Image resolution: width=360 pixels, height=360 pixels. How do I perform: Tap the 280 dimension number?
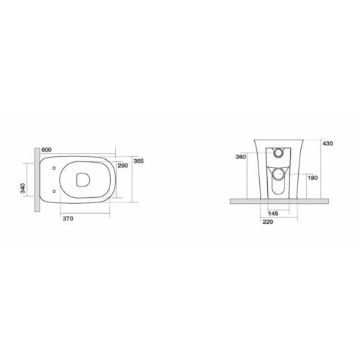pos(122,166)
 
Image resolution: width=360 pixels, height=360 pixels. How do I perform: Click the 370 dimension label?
pos(69,217)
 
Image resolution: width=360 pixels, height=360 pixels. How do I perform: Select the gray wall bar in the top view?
pos(36,181)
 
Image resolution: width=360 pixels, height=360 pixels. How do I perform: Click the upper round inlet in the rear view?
pos(278,153)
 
